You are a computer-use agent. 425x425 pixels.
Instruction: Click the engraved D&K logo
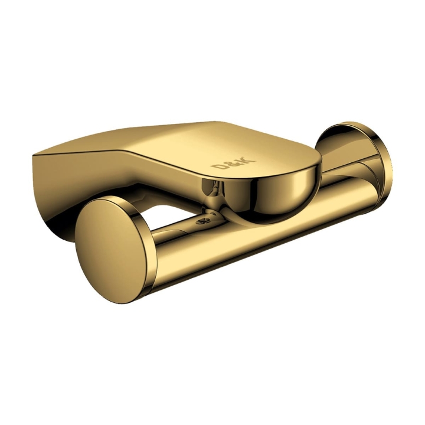[x=233, y=163]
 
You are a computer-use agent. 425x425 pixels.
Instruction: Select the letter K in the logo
[x=249, y=159]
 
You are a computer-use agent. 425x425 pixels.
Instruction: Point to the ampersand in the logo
[x=233, y=162]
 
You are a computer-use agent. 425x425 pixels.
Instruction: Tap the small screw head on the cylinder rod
[x=202, y=221]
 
